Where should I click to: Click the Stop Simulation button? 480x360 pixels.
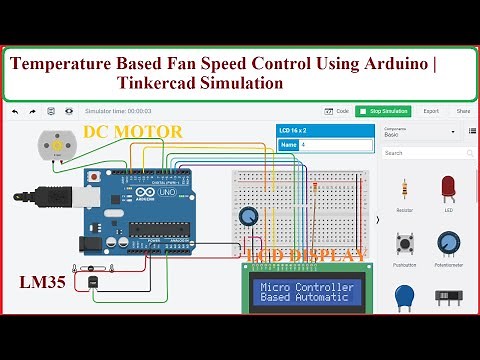coord(382,111)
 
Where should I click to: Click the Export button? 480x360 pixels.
coord(430,111)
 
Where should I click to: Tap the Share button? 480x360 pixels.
coord(463,111)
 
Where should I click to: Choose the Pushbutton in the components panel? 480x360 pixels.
coord(405,244)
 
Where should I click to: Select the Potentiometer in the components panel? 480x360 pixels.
coord(448,244)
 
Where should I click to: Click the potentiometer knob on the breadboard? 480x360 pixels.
coord(248,215)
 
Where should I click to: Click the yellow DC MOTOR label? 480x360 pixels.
coord(132,131)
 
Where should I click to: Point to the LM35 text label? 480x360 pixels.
coord(42,283)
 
